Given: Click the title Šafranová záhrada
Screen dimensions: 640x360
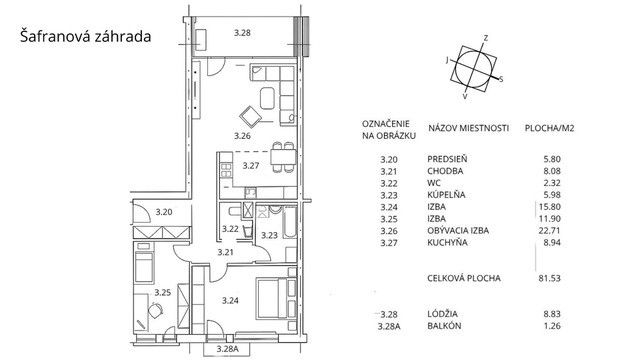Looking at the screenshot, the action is (x=86, y=36).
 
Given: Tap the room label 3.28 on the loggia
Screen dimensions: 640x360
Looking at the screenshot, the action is (x=242, y=33).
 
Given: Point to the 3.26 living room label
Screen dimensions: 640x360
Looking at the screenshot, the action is (x=242, y=136).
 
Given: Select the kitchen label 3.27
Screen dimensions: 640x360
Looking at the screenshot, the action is (x=251, y=166).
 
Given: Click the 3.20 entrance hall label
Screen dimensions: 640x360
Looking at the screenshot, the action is (x=164, y=212).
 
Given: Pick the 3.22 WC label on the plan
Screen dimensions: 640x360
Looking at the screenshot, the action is (x=230, y=229).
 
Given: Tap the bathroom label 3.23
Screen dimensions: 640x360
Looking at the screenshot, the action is (x=269, y=235).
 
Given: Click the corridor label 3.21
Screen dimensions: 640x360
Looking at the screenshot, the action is (x=225, y=252).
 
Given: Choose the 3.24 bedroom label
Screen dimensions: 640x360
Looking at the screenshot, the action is (x=230, y=301).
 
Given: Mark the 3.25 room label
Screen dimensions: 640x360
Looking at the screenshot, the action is (x=162, y=293).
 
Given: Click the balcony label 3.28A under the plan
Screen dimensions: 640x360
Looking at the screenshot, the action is (x=227, y=349).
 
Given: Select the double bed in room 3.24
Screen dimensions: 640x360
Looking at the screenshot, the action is (x=276, y=298).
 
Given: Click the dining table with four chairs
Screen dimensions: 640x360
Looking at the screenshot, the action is (x=283, y=157).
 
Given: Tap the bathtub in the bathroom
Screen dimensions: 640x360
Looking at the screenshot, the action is (x=289, y=222).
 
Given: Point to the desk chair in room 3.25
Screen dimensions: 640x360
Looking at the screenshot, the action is (x=155, y=311).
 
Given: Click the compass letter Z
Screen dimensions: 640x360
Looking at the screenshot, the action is (x=486, y=38).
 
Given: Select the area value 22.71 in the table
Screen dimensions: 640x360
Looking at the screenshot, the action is (x=549, y=231).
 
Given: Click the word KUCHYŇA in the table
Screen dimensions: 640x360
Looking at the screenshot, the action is (x=447, y=243).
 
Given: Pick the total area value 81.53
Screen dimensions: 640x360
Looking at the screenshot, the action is (x=549, y=278).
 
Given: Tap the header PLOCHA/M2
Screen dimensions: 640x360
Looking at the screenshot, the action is (x=549, y=128).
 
